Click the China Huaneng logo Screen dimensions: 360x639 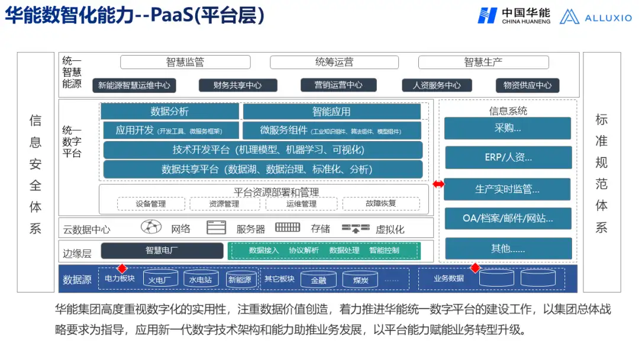pyautogui.click(x=514, y=16)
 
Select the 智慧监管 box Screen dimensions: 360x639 pyautogui.click(x=185, y=62)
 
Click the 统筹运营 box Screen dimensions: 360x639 pyautogui.click(x=334, y=62)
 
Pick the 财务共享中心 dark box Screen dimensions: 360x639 pyautogui.click(x=238, y=85)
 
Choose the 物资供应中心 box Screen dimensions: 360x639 pyautogui.click(x=527, y=85)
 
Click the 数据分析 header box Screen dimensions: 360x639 pyautogui.click(x=170, y=111)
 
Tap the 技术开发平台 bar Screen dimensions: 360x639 pyautogui.click(x=263, y=150)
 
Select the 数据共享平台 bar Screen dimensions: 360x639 pyautogui.click(x=263, y=169)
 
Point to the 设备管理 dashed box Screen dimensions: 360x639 pyautogui.click(x=151, y=204)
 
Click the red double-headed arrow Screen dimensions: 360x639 pyautogui.click(x=438, y=184)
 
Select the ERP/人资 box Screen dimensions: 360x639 pyautogui.click(x=508, y=157)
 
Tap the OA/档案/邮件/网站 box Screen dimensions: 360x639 pyautogui.click(x=508, y=218)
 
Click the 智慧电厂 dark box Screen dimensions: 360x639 pyautogui.click(x=162, y=250)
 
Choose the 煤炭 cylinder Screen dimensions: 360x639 pyautogui.click(x=360, y=279)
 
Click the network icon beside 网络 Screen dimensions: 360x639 pyautogui.click(x=151, y=227)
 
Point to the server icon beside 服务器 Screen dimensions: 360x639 pyautogui.click(x=217, y=227)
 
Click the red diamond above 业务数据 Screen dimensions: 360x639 pyautogui.click(x=475, y=268)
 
